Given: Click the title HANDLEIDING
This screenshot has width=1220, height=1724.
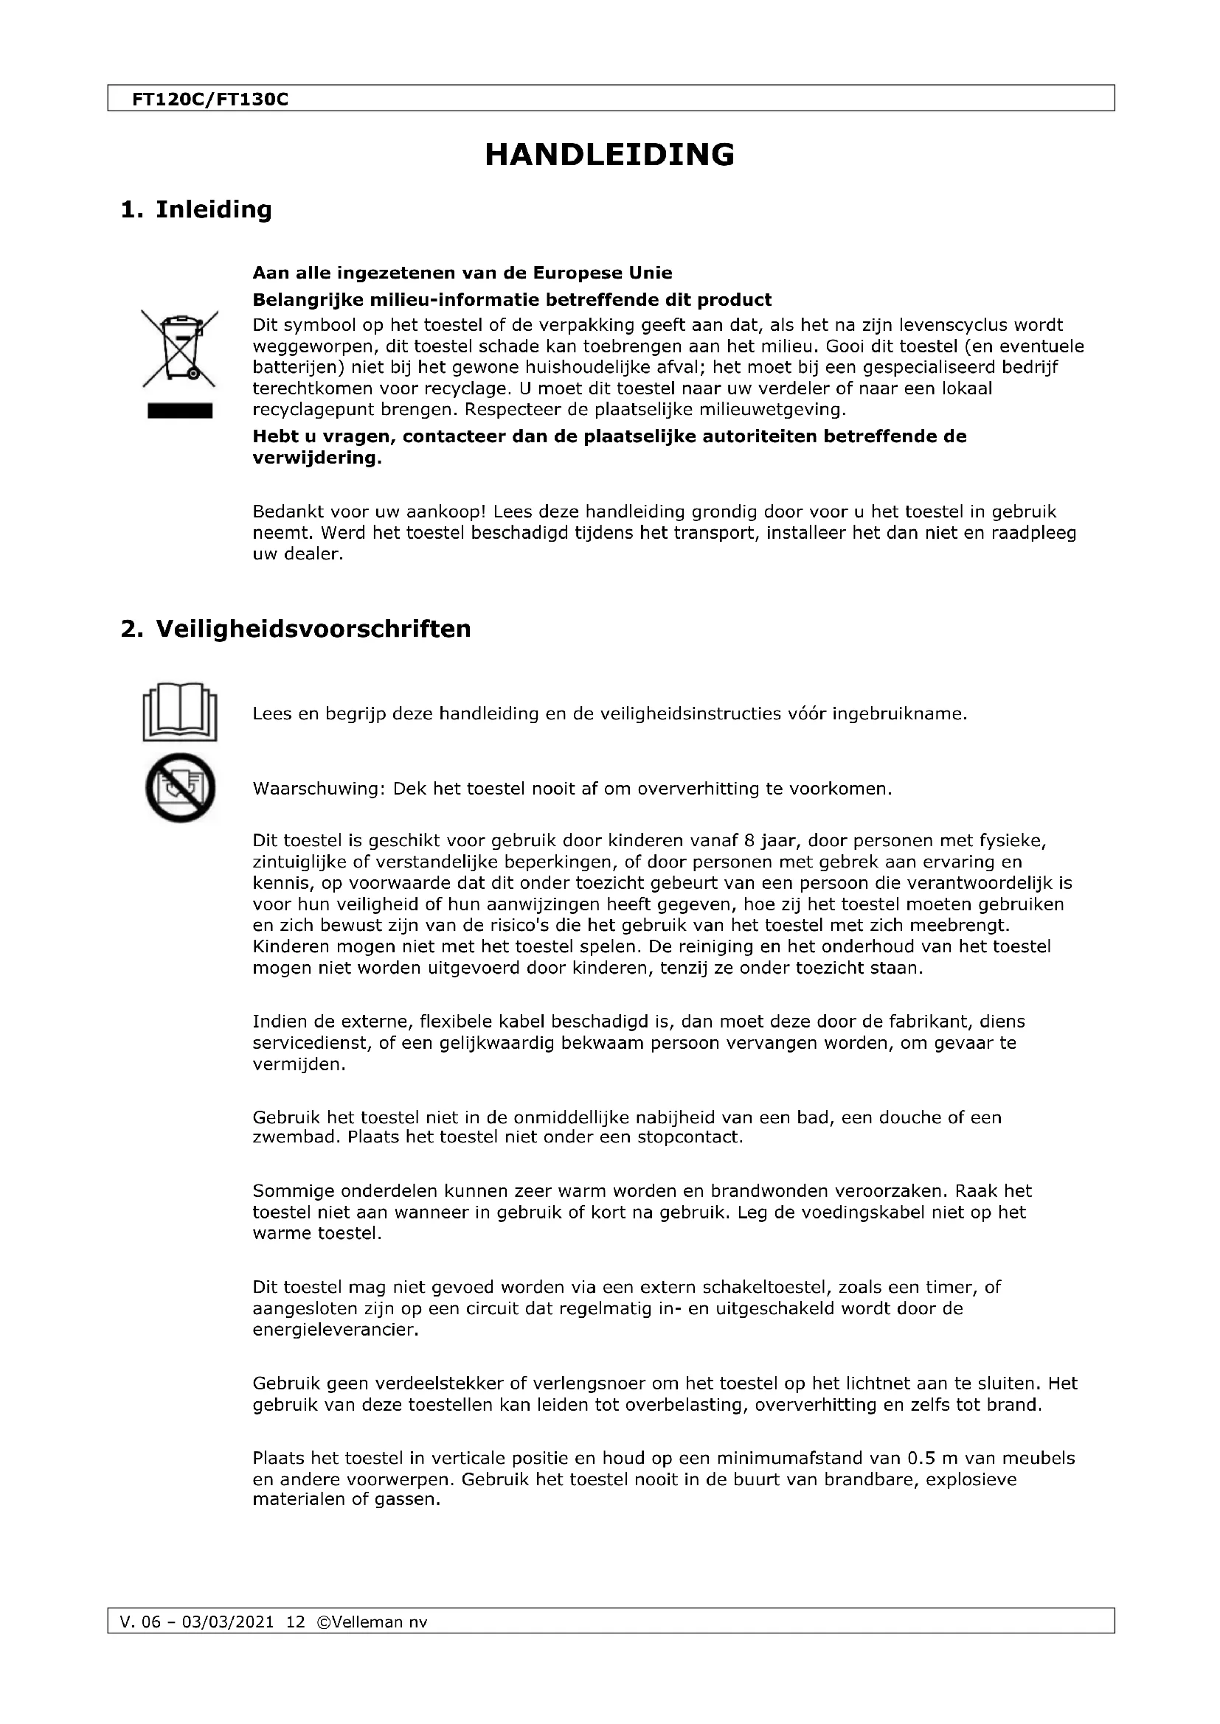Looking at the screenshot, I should (609, 155).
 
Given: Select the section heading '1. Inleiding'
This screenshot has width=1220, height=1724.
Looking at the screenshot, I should (196, 209).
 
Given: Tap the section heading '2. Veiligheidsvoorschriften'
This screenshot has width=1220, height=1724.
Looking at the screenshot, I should (295, 629).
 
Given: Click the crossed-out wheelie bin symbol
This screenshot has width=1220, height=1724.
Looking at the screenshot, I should (179, 349).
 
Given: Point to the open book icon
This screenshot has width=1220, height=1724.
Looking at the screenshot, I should (179, 711).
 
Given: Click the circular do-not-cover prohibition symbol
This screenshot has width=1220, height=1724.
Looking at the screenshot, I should (179, 788).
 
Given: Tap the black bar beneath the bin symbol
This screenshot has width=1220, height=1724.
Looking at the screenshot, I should (179, 411).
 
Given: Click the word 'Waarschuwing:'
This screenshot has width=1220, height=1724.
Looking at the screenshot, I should (319, 789).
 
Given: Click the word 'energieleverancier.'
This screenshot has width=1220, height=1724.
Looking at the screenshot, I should (335, 1330).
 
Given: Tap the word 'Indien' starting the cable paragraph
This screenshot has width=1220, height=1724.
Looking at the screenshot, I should (275, 1021).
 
